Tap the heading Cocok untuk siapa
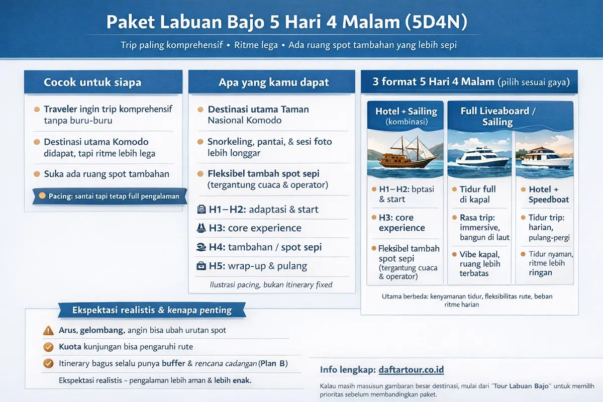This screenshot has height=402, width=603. pos(92,82)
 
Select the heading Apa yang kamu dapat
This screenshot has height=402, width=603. pos(274,82)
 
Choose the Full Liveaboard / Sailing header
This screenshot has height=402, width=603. pos(497,116)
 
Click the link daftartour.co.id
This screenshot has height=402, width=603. pos(411,370)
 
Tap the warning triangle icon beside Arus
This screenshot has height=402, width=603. pos(49,331)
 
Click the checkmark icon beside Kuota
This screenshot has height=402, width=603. pos(49,347)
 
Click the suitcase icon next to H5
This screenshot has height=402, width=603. pos(200,266)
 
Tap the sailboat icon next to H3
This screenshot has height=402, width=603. pos(200,228)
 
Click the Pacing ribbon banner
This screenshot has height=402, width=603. pos(109,196)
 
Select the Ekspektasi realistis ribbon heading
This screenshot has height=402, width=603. pos(152,310)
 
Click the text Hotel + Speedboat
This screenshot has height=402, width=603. pos(548,194)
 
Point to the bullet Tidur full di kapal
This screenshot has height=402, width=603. pos(477,194)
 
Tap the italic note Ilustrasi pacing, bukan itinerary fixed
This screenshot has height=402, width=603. pos(271,285)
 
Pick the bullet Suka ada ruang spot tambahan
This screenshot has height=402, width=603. pos(106,174)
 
